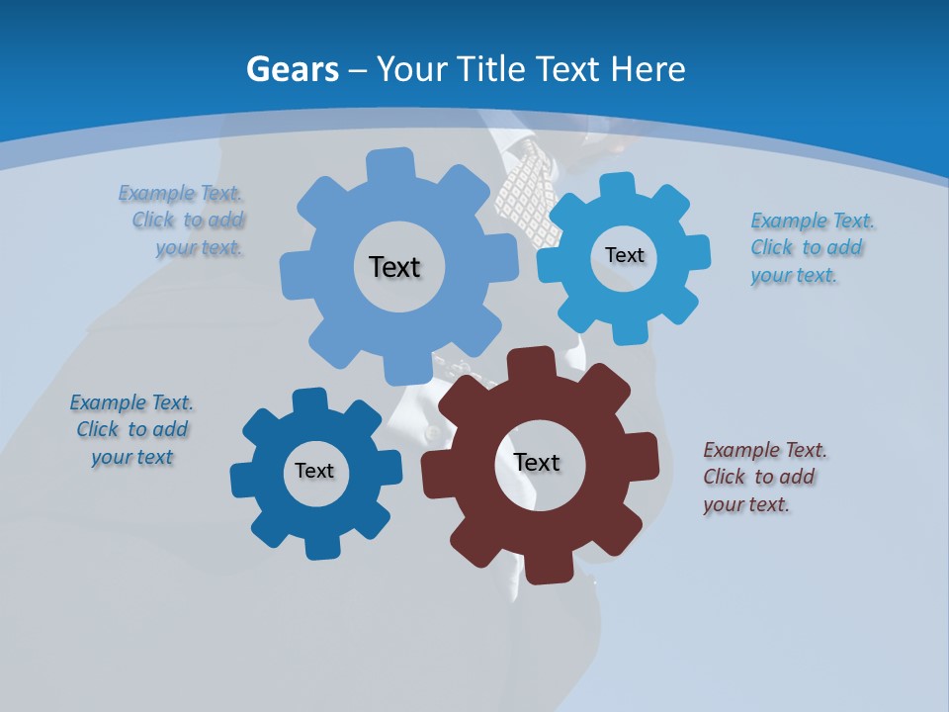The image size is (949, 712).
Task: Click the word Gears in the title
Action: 293,69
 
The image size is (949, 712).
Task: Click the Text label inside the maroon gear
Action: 537,462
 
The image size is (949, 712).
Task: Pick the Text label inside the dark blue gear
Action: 314,471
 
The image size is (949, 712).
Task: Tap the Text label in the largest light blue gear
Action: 394,267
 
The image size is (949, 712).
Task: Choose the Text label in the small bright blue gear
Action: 624,255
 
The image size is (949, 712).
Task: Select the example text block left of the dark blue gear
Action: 131,429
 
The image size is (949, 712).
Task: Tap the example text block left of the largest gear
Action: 184,220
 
